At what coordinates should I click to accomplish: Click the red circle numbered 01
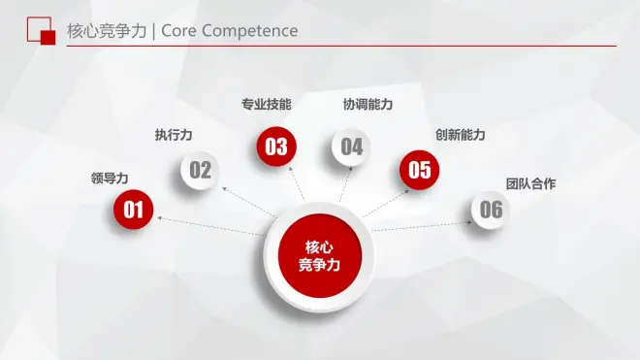[133, 210]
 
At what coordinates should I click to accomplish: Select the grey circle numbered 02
[200, 170]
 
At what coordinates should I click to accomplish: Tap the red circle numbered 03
[276, 147]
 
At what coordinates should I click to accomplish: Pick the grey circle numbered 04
[351, 147]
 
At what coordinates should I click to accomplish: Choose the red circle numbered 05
[419, 170]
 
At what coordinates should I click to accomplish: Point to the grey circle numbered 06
[491, 210]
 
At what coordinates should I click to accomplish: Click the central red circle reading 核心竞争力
[320, 256]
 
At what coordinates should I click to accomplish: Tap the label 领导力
[110, 179]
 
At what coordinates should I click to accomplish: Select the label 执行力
[174, 135]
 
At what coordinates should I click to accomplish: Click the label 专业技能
[266, 105]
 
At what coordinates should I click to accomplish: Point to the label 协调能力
[368, 105]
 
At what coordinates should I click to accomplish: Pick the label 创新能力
[460, 135]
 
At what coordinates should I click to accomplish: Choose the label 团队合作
[530, 184]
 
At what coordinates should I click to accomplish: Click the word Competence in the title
[250, 31]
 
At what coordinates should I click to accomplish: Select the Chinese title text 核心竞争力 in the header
[107, 31]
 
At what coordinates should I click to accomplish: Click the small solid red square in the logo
[48, 38]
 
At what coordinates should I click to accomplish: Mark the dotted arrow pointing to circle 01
[211, 226]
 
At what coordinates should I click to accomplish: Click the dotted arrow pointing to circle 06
[422, 226]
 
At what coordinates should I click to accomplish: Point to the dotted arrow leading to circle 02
[249, 202]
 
